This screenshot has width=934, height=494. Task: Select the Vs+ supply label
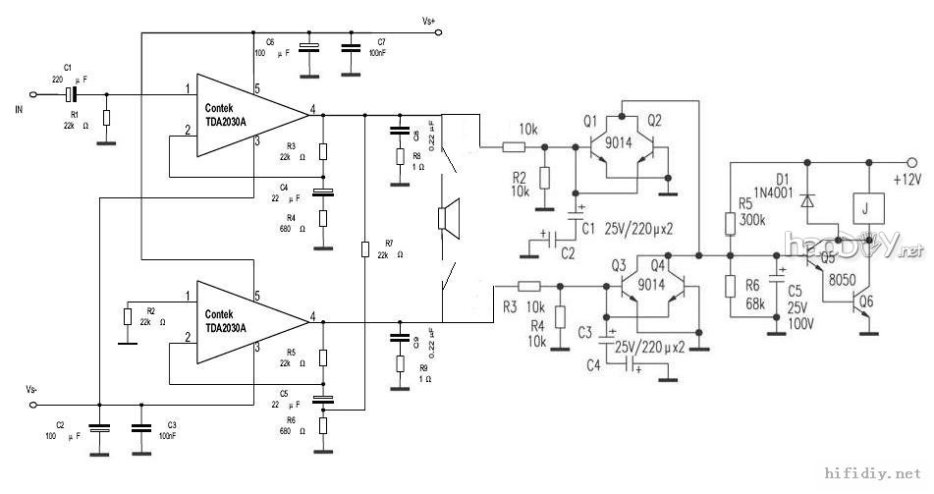click(429, 21)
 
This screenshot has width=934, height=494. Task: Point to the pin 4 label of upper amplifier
click(313, 108)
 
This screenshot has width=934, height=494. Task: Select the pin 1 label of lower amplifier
click(186, 295)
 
